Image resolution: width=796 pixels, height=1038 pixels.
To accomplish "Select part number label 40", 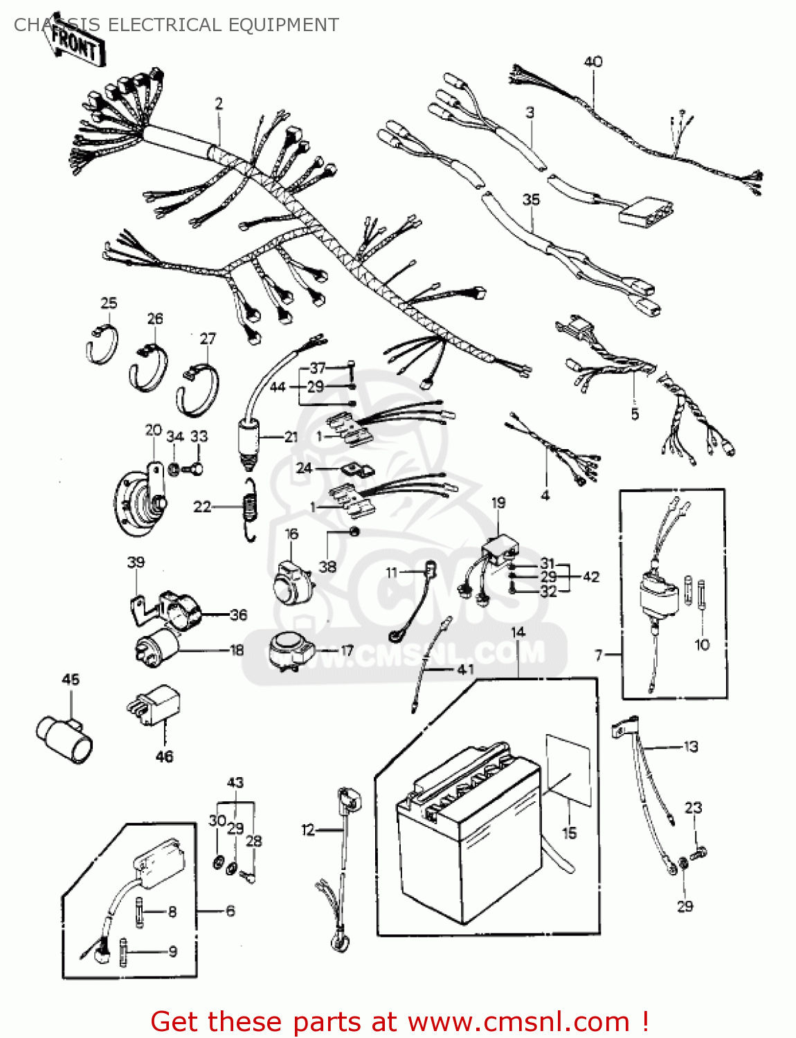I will (593, 62).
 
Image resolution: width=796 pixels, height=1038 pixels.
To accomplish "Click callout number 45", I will (71, 680).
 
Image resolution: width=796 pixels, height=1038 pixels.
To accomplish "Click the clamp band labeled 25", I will (103, 344).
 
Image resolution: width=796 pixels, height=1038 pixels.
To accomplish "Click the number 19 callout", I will (498, 503).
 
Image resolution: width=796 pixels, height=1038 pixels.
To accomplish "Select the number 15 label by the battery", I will (569, 832).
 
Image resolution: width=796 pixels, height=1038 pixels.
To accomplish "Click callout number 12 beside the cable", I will (308, 829).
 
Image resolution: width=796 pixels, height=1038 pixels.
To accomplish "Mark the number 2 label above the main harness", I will (219, 104).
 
